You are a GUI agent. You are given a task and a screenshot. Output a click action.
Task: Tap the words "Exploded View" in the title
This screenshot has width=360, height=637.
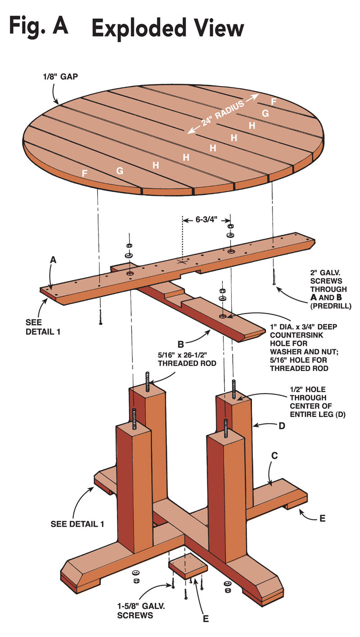coord(167,28)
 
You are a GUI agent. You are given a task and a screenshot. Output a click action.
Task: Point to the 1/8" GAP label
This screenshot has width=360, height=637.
coord(58,77)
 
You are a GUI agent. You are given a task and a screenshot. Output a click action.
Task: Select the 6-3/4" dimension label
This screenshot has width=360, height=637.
coord(207,220)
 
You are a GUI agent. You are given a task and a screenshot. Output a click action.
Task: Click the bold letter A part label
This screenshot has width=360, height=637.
coord(53,260)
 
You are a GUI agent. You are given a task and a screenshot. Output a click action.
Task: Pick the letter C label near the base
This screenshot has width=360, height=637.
coord(274,456)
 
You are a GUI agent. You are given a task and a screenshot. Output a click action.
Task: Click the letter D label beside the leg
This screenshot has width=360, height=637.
coord(282,425)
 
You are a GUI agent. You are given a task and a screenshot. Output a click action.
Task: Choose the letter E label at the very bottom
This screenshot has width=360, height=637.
coord(205,618)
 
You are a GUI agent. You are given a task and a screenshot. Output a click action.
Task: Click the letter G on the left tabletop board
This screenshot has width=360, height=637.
coord(120,171)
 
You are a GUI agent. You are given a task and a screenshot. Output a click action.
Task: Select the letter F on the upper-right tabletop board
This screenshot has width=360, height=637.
coord(274,101)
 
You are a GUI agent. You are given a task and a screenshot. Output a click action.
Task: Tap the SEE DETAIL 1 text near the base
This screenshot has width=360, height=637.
coord(77,524)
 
